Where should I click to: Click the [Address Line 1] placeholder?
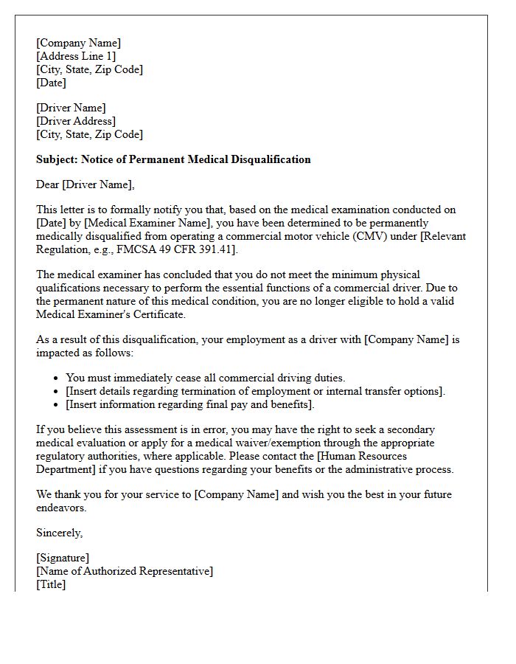[76, 56]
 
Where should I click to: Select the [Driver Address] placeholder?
[76, 121]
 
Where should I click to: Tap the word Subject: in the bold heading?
[57, 159]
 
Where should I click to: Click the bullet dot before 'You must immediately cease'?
[57, 378]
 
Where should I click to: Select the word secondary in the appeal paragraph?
[409, 429]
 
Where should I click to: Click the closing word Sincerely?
[59, 533]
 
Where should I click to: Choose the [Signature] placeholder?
[63, 558]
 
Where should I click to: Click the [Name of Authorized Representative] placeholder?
[125, 571]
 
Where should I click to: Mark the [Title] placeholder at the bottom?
[51, 584]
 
